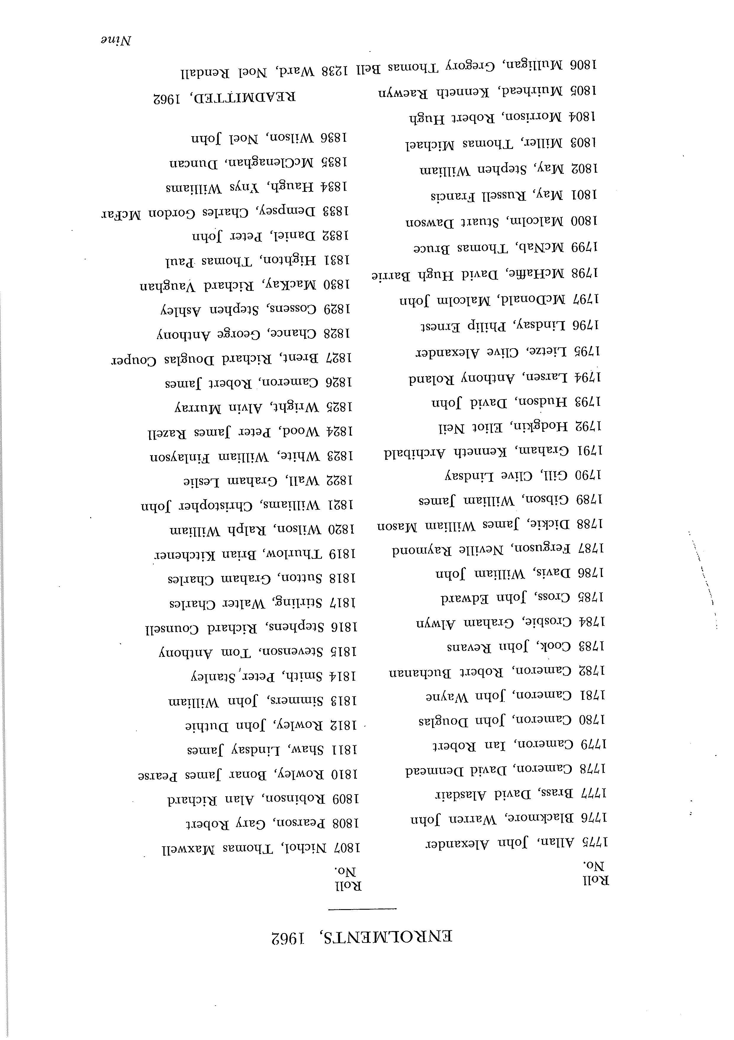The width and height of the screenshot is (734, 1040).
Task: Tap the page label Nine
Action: (x=116, y=40)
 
